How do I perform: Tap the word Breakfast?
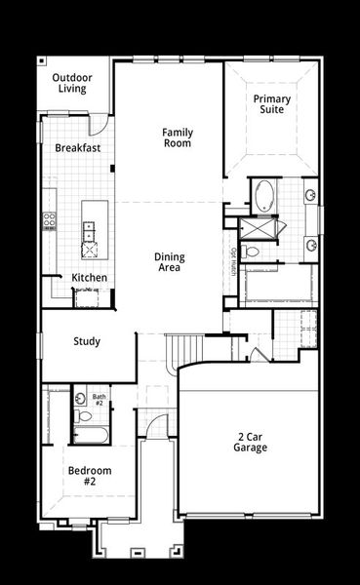[78, 147]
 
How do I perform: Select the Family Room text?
[177, 137]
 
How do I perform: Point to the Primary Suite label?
[272, 104]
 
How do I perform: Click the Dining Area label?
[169, 262]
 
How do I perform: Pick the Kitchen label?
[90, 278]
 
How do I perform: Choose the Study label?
[87, 341]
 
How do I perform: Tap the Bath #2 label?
[100, 400]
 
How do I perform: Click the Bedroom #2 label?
[89, 476]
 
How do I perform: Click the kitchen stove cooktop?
[48, 221]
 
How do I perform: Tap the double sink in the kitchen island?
[89, 231]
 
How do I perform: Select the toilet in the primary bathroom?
[252, 252]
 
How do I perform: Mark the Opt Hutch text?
[234, 262]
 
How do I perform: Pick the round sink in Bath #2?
[80, 399]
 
